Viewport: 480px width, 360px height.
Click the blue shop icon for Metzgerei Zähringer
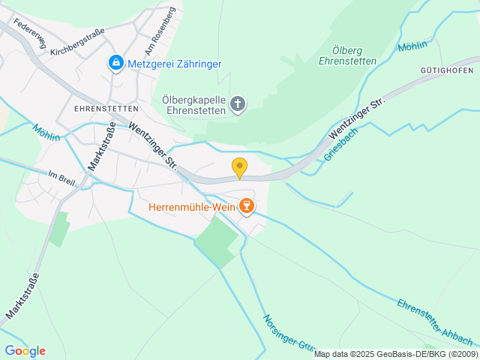pos(115,64)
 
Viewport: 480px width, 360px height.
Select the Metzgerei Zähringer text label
pos(174,64)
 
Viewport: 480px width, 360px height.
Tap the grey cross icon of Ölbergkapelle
pos(238,104)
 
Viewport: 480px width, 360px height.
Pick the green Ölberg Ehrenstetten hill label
pos(342,56)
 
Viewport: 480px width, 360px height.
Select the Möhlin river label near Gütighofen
pos(412,46)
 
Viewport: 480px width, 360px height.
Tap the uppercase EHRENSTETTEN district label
pos(104,108)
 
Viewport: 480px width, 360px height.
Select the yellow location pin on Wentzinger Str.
pos(239,169)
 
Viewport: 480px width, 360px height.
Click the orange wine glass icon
pos(245,205)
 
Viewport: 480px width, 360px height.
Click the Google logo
pos(25,350)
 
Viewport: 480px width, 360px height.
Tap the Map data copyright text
pos(395,354)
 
